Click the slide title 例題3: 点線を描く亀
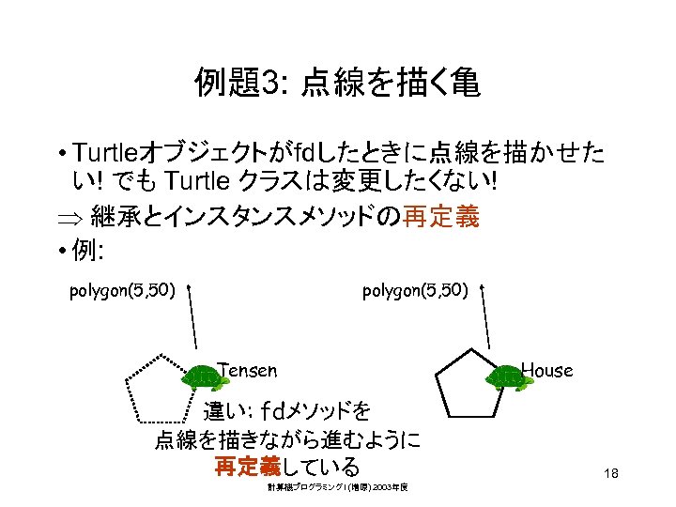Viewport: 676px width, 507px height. click(337, 84)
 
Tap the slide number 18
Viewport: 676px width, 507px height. click(611, 475)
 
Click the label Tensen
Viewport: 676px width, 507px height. click(247, 370)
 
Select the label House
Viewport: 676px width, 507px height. click(546, 370)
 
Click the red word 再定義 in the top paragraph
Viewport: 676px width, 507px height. click(441, 218)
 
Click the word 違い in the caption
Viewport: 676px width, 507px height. click(226, 410)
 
